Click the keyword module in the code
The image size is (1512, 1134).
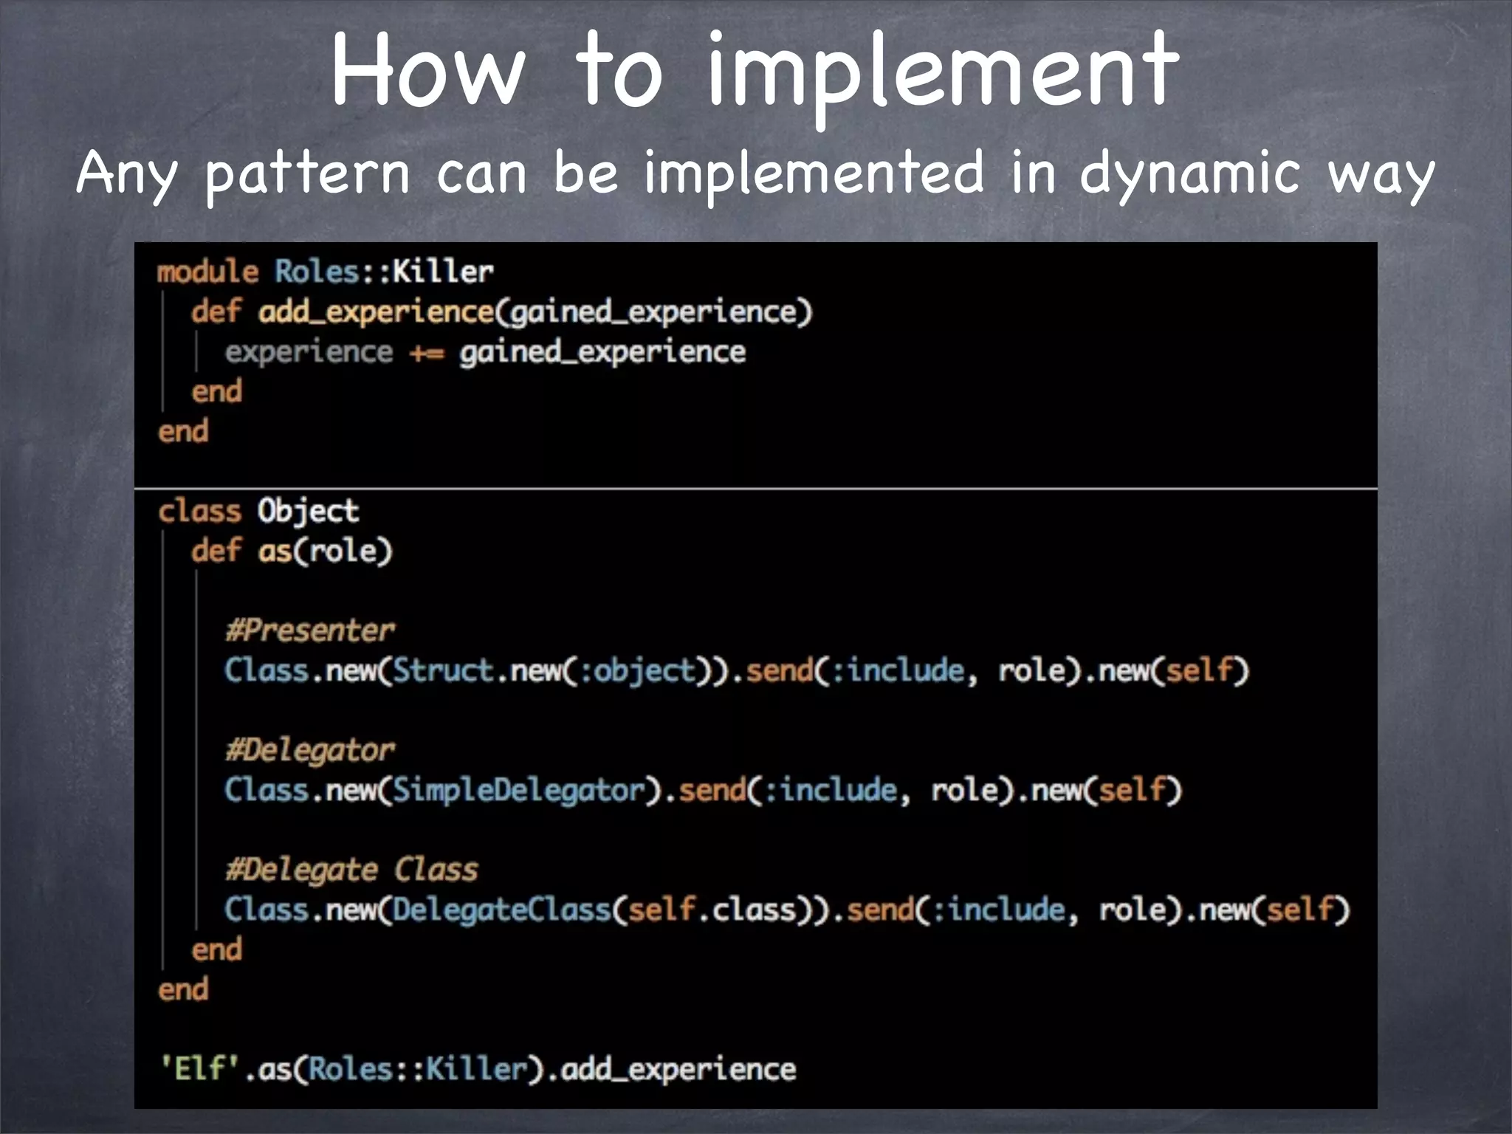pyautogui.click(x=207, y=272)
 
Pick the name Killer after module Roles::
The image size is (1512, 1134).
pyautogui.click(x=442, y=272)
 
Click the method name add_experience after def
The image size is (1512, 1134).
pyautogui.click(x=375, y=312)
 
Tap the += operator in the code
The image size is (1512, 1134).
pyautogui.click(x=426, y=353)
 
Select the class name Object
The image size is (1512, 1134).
pyautogui.click(x=308, y=511)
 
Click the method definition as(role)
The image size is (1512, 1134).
pyautogui.click(x=325, y=551)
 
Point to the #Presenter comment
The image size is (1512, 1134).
pyautogui.click(x=310, y=630)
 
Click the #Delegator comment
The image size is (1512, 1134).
pyautogui.click(x=310, y=750)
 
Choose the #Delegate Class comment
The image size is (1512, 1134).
pyautogui.click(x=351, y=870)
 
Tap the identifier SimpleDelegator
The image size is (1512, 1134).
pyautogui.click(x=518, y=791)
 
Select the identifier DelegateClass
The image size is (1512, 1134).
pyautogui.click(x=501, y=910)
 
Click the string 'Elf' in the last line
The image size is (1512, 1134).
pyautogui.click(x=200, y=1068)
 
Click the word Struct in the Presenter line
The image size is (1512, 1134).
pyautogui.click(x=442, y=670)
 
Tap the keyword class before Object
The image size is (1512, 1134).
pyautogui.click(x=199, y=511)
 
